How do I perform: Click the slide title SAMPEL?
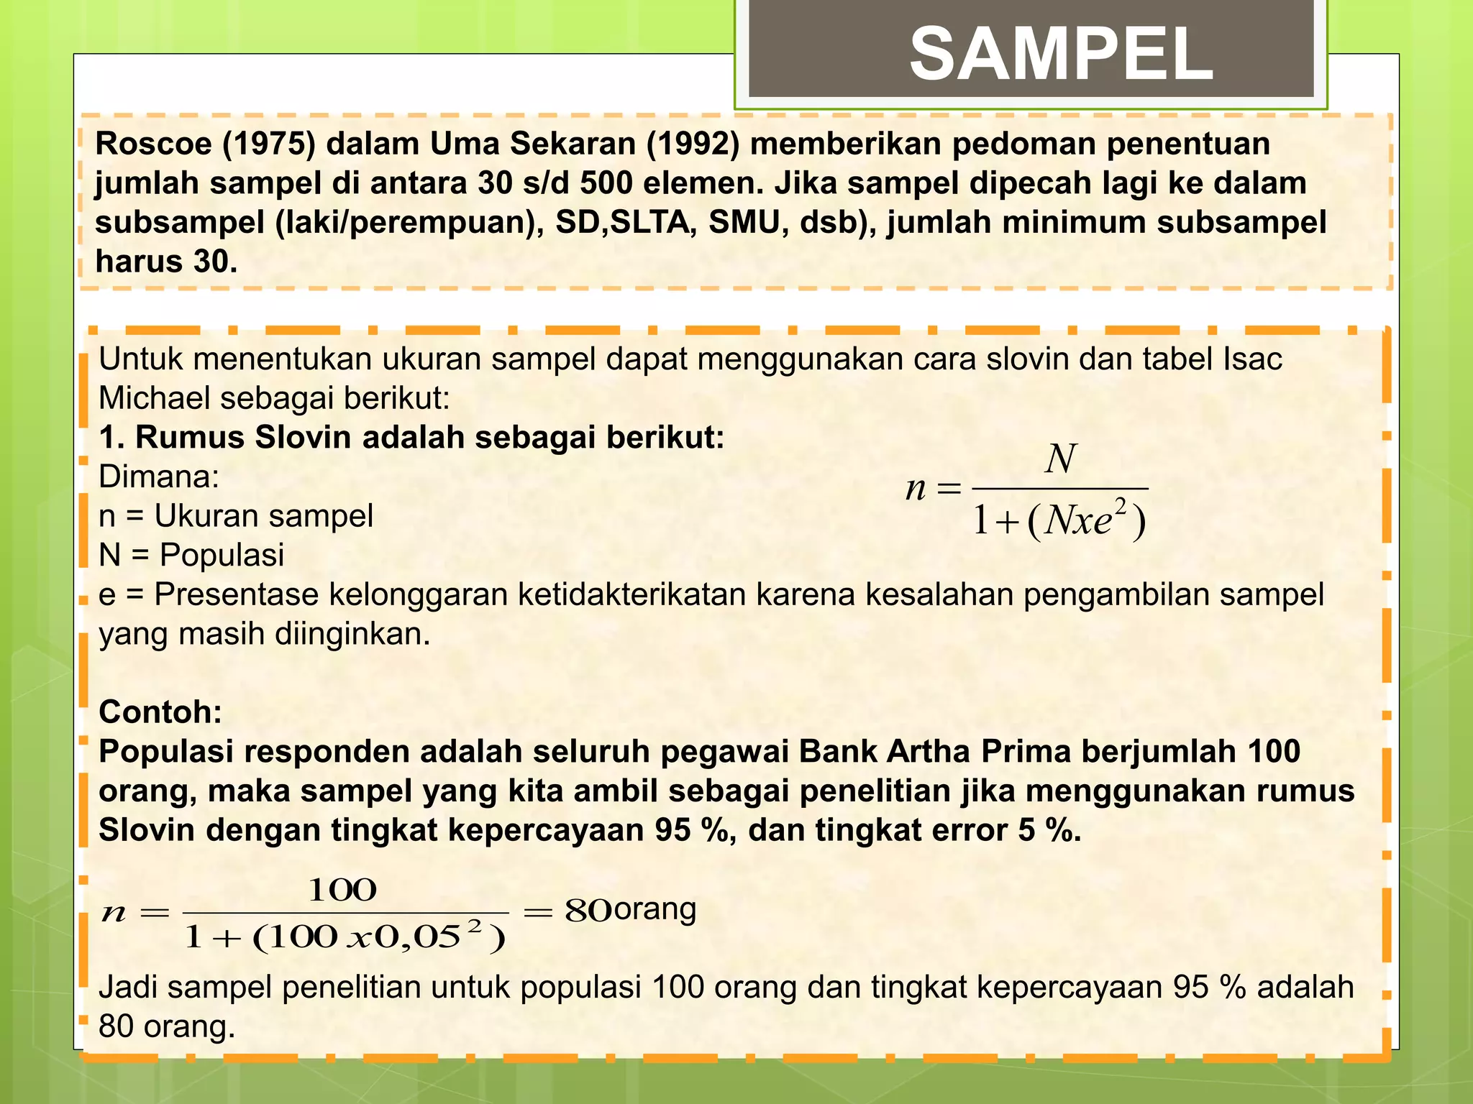pyautogui.click(x=1061, y=55)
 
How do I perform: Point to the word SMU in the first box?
pyautogui.click(x=746, y=223)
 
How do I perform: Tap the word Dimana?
pyautogui.click(x=158, y=477)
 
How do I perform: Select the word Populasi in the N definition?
pyautogui.click(x=222, y=555)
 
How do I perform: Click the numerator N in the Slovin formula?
pyautogui.click(x=1061, y=459)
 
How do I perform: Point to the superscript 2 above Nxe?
pyautogui.click(x=1119, y=505)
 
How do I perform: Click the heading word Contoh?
pyautogui.click(x=160, y=712)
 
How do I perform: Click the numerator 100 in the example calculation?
pyautogui.click(x=342, y=891)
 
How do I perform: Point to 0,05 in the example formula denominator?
pyautogui.click(x=416, y=937)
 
